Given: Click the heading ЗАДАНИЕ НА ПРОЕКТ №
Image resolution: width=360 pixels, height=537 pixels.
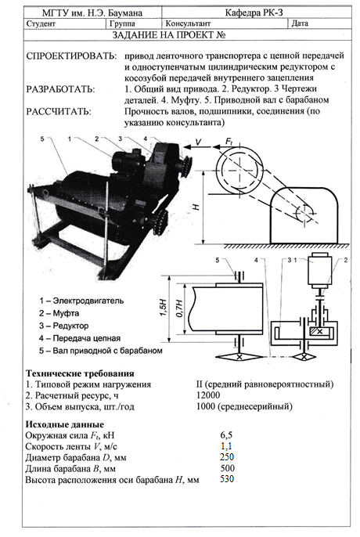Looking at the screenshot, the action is coord(169,35).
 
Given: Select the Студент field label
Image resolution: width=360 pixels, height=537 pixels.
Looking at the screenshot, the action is coord(41,23).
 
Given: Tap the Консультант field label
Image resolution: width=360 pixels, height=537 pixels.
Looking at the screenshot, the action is coord(188,23).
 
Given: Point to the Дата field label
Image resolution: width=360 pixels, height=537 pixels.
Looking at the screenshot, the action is coord(300,23).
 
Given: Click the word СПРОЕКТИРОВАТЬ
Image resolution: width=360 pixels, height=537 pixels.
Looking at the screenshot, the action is coord(71,56).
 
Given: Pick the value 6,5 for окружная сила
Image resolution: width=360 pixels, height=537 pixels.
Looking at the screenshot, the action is coord(226,435).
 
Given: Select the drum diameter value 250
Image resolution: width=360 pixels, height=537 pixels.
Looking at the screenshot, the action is coord(227,457).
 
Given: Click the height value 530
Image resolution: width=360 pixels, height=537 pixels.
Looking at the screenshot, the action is coord(227,479).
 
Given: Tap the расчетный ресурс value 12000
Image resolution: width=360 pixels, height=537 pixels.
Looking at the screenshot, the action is coord(208,395).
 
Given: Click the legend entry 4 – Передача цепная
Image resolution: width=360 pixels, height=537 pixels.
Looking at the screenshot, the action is coord(80,338).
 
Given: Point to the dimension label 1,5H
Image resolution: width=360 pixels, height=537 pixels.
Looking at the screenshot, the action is coord(164,307).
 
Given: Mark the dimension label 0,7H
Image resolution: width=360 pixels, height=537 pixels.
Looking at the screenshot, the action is coord(179,308).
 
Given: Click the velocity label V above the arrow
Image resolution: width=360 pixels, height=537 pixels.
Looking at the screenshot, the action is coord(198,142).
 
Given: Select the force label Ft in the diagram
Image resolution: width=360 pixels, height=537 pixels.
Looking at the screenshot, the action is coord(229,142).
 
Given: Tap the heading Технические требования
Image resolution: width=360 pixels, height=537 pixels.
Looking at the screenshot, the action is coord(80,373).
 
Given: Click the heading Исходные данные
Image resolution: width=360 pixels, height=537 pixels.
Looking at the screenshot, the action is coord(64,424).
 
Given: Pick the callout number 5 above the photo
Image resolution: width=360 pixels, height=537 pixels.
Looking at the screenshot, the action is coord(41,139).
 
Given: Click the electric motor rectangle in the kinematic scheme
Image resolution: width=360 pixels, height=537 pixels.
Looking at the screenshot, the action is coord(319,270).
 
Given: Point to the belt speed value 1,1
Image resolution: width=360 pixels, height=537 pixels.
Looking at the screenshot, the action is coord(226,446).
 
